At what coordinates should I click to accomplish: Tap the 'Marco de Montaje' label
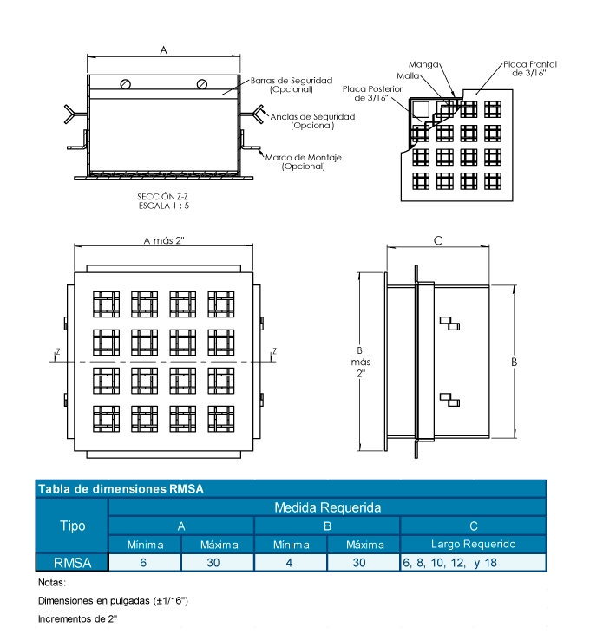point(303,161)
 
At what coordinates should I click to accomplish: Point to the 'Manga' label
point(424,64)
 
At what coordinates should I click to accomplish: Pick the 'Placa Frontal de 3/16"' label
point(529,69)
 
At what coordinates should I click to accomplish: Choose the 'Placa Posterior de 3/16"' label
point(372,93)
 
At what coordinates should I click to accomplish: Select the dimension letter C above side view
point(438,240)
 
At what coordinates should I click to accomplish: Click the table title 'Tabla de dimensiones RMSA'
point(121,489)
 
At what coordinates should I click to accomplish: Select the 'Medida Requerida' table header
point(327,507)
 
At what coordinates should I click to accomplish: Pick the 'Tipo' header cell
point(72,526)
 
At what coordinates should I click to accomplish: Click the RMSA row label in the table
point(72,562)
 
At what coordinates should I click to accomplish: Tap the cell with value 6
point(145,562)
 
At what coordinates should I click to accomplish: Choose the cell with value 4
point(291,562)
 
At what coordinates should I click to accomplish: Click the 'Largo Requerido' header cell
point(473,544)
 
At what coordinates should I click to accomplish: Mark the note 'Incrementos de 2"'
point(78,619)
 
